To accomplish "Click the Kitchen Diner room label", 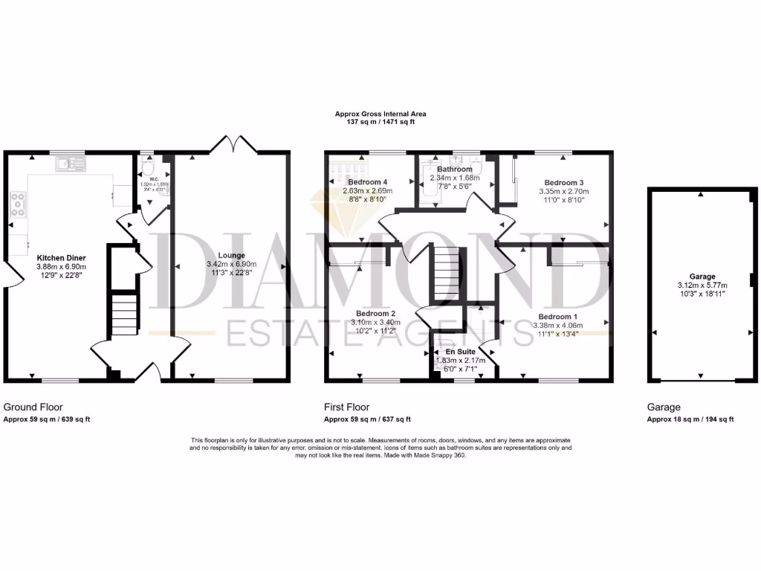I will (x=61, y=257).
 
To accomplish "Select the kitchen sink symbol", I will (x=74, y=162).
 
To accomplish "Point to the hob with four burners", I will (x=17, y=206).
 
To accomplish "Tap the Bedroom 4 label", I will (x=367, y=182).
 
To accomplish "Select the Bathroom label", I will (x=455, y=169).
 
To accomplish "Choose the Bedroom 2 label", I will (x=375, y=314).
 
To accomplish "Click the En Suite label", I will (x=460, y=352).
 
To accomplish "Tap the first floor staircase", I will (x=448, y=273).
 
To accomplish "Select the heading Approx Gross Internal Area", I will (x=380, y=114).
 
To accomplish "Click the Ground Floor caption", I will (x=33, y=407).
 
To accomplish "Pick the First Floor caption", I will (x=346, y=407).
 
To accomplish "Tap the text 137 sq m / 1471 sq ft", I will (x=380, y=121).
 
